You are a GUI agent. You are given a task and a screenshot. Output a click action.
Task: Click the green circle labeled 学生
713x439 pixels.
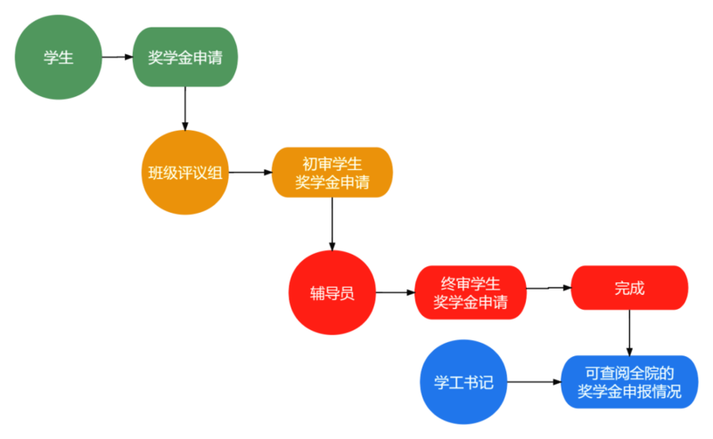[59, 58]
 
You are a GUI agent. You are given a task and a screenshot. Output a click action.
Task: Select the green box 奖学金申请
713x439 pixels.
[186, 58]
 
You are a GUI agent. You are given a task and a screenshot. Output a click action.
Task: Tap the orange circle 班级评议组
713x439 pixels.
[186, 173]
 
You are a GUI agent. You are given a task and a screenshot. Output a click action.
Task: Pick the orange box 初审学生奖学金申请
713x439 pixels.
[332, 173]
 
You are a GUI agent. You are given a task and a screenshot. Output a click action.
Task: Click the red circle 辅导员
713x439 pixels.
[332, 293]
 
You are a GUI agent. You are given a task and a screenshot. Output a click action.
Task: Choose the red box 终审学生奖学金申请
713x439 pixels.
[470, 293]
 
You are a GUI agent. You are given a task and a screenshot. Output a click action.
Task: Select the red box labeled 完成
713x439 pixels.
[629, 288]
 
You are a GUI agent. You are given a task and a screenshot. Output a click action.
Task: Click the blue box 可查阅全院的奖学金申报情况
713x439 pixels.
[629, 383]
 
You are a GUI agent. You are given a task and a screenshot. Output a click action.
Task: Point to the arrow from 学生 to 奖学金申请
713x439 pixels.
[118, 58]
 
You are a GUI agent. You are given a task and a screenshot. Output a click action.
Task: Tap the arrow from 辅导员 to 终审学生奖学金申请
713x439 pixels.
[395, 293]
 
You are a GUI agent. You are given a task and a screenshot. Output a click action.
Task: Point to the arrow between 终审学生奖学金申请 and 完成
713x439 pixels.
[548, 289]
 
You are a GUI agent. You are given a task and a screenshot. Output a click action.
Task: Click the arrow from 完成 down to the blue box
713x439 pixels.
[629, 332]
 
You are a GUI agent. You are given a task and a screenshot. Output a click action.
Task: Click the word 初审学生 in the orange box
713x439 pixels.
[332, 164]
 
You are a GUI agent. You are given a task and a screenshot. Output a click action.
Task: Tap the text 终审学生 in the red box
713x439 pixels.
[470, 284]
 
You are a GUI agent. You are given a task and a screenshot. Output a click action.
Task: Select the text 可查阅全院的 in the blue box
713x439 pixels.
[629, 373]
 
